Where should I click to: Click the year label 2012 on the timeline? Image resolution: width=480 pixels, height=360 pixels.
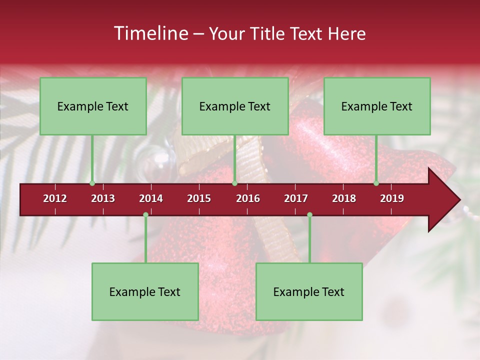pos(55,198)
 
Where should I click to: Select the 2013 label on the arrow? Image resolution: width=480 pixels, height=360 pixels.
pos(103,198)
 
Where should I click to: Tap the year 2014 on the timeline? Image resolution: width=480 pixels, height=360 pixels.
pos(151,198)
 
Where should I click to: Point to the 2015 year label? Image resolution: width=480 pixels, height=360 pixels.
pos(199,198)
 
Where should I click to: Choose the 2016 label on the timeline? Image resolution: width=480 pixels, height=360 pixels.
pos(248,198)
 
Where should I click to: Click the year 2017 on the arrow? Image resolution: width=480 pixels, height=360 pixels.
pos(296,198)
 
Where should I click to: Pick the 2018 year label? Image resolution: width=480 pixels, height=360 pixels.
pos(344,198)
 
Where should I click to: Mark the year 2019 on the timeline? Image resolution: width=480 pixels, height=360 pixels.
pos(392,198)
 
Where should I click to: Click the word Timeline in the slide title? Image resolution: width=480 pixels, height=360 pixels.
pos(150,33)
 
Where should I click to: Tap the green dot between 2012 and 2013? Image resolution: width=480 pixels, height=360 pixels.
pos(92,183)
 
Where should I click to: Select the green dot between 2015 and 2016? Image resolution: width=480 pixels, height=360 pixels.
pos(234,183)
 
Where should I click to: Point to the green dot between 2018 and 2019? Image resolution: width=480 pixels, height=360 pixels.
pos(376,183)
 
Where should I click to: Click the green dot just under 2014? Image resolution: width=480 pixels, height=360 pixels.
pos(145,214)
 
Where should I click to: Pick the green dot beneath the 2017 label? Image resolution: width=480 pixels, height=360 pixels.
pos(309,214)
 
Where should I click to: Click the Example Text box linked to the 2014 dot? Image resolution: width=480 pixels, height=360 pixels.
pos(145,292)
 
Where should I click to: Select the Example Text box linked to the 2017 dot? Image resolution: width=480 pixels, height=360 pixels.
pos(309,292)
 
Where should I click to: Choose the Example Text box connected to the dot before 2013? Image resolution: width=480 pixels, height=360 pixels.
pos(93,106)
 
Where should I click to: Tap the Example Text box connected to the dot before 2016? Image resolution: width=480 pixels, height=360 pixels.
pos(235,106)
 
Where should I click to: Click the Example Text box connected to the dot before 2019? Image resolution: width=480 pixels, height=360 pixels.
pos(377,106)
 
